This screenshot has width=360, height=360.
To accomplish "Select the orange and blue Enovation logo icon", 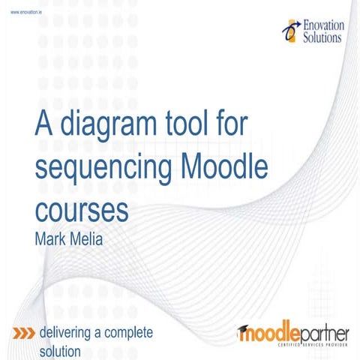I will click(289, 28).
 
